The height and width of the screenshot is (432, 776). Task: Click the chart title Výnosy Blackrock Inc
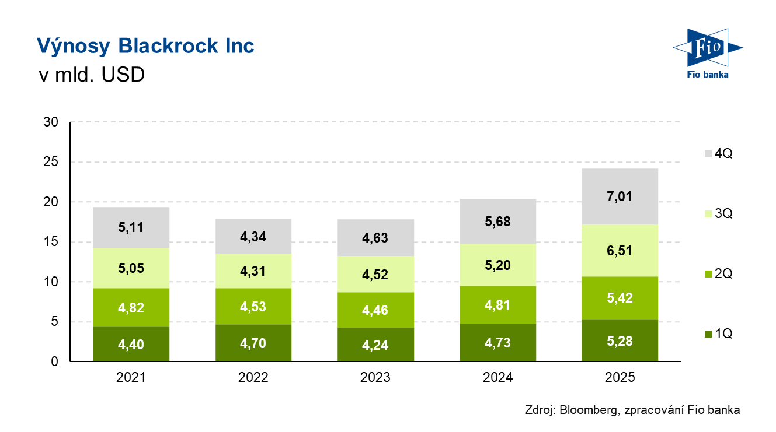[x=145, y=45]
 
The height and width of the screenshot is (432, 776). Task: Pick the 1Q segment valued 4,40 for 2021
[x=131, y=344]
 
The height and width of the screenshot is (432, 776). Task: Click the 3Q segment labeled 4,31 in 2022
[x=253, y=271]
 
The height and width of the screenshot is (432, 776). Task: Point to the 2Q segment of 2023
[x=375, y=310]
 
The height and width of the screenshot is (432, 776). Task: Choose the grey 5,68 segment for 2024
[x=497, y=222]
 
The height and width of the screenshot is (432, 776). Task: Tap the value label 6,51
[x=620, y=251]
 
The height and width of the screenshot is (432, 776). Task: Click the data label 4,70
[x=253, y=343]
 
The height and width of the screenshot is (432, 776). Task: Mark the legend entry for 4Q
[x=719, y=154]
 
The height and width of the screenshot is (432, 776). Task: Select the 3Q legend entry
[x=719, y=213]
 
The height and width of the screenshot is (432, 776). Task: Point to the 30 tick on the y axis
[x=51, y=122]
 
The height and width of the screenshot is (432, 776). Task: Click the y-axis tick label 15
[x=51, y=242]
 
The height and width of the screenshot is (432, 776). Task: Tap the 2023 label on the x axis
[x=375, y=377]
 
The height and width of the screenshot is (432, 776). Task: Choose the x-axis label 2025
[x=620, y=377]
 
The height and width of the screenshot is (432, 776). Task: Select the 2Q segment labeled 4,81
[x=497, y=304]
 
